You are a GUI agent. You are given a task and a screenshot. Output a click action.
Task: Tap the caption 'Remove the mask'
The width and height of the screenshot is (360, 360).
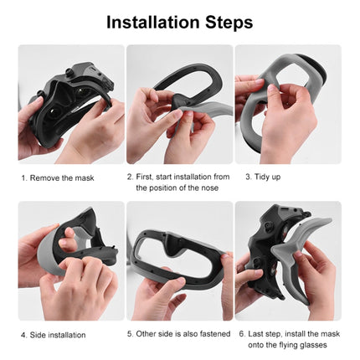[63, 177]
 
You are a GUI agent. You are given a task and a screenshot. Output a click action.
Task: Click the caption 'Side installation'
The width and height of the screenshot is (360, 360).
[57, 334]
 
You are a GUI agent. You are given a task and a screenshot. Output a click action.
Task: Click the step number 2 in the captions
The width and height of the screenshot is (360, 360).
[129, 177]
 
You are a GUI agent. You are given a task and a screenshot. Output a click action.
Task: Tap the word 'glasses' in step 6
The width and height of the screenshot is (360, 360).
[298, 344]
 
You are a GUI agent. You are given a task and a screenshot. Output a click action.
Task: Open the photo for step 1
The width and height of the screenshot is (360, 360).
[70, 105]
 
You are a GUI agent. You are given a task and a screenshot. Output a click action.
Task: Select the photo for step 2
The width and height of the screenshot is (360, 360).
[179, 105]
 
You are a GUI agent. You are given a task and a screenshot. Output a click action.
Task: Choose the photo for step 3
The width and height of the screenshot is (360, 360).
[288, 105]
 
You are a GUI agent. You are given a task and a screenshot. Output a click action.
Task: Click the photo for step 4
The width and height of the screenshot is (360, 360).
[70, 260]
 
